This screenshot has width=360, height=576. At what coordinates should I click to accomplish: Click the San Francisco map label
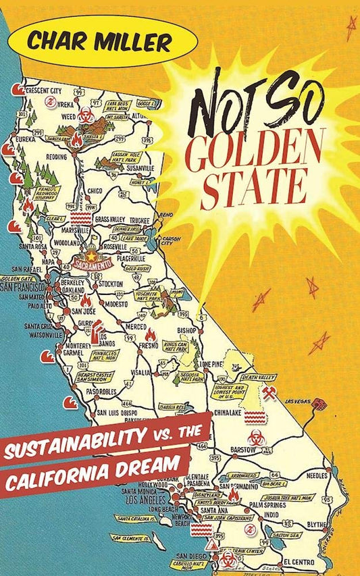point(24,288)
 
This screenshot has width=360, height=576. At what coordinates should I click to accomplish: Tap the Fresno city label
point(149,346)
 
